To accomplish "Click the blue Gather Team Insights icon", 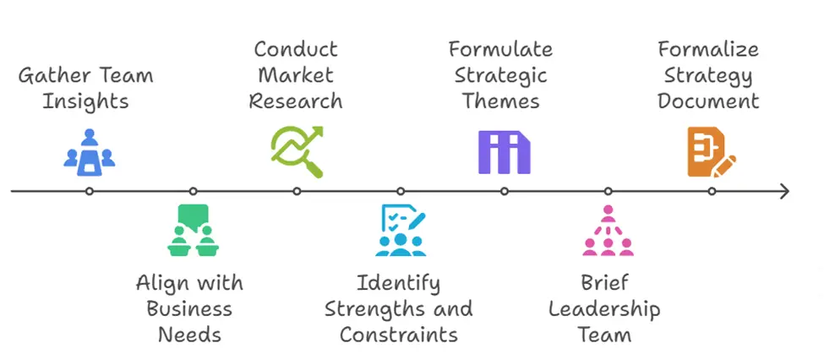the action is click(x=90, y=152).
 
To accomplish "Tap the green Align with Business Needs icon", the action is click(x=193, y=230).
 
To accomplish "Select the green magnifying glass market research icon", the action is click(x=297, y=152).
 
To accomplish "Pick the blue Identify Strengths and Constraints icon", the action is click(x=401, y=230).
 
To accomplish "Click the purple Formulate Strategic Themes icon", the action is click(x=504, y=152).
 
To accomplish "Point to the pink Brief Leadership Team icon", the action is click(x=608, y=230).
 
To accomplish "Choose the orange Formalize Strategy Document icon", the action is click(x=712, y=152).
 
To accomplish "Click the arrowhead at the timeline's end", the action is click(x=785, y=191).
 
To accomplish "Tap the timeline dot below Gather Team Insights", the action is click(x=90, y=191).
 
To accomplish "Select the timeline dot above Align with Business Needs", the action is click(x=193, y=191).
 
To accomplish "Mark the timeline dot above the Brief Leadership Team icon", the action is click(x=608, y=191).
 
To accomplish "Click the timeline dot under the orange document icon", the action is click(x=712, y=191).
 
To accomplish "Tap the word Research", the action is click(x=296, y=101).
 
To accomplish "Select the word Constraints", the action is click(x=399, y=335).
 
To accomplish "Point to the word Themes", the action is click(x=501, y=101).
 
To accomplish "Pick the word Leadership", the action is click(x=604, y=310).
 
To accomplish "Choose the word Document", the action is click(x=708, y=101).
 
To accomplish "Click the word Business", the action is click(x=189, y=308).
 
